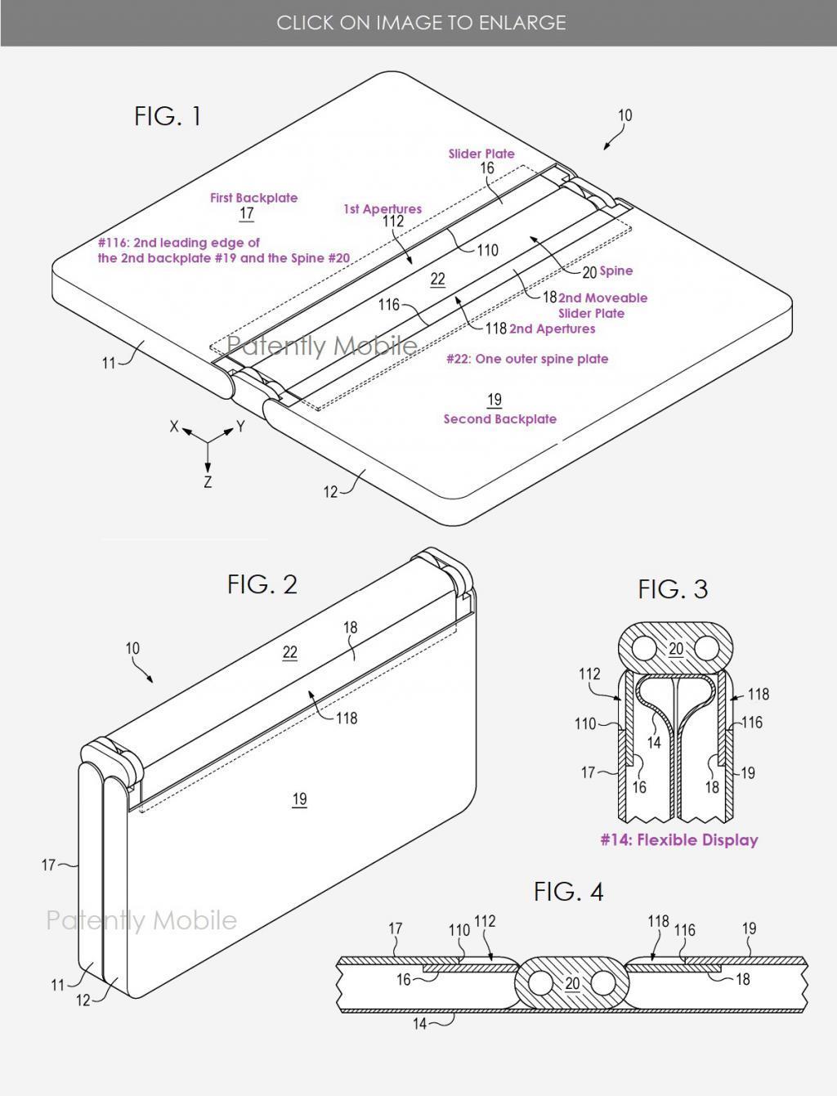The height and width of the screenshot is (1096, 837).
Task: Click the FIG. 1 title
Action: pyautogui.click(x=168, y=117)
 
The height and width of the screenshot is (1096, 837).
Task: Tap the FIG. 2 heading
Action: pyautogui.click(x=262, y=584)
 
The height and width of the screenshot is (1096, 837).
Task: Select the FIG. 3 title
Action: pyautogui.click(x=673, y=589)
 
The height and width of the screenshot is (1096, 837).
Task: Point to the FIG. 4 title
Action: pyautogui.click(x=568, y=892)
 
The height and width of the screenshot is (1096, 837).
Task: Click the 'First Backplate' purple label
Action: pyautogui.click(x=253, y=198)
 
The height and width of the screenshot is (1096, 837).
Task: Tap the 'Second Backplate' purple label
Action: pyautogui.click(x=499, y=419)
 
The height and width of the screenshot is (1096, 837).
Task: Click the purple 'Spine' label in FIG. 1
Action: pyautogui.click(x=615, y=271)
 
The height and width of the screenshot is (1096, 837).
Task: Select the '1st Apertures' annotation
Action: pyautogui.click(x=383, y=209)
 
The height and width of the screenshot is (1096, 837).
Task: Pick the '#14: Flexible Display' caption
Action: pyautogui.click(x=679, y=840)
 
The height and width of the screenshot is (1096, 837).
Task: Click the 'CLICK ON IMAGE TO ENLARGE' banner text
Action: pyautogui.click(x=421, y=23)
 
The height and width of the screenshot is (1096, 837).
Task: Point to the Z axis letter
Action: pyautogui.click(x=208, y=482)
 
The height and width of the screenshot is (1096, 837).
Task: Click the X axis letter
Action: pyautogui.click(x=174, y=427)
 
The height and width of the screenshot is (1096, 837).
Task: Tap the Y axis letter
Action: pyautogui.click(x=240, y=427)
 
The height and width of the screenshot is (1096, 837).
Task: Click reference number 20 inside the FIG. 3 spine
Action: pyautogui.click(x=676, y=649)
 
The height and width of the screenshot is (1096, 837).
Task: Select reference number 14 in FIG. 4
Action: pyautogui.click(x=419, y=1023)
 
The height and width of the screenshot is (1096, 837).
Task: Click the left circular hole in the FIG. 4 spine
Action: pyautogui.click(x=541, y=982)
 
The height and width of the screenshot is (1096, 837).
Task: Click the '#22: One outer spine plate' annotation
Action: pyautogui.click(x=527, y=359)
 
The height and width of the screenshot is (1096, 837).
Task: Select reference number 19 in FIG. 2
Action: pyautogui.click(x=299, y=799)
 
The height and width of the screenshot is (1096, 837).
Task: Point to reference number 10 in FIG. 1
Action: pyautogui.click(x=624, y=116)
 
